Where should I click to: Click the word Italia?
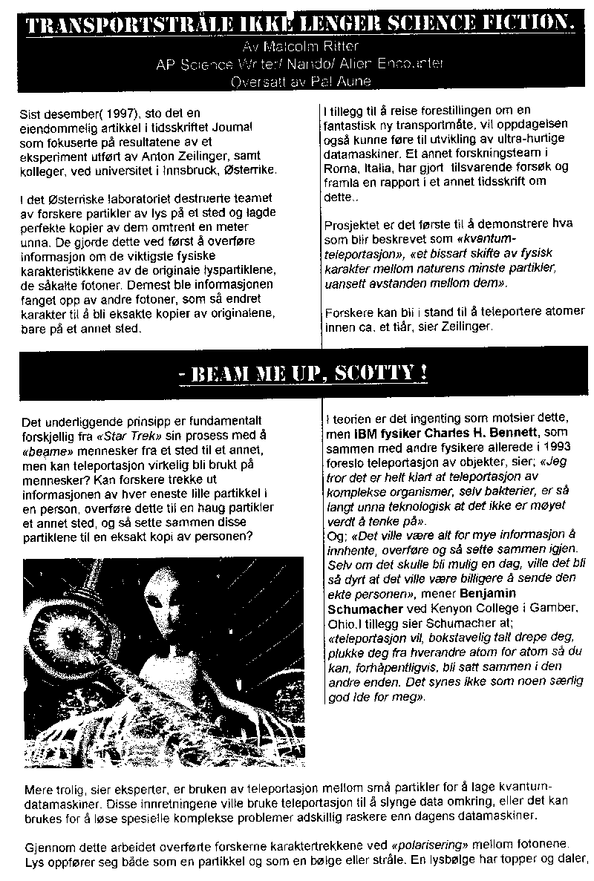(x=377, y=168)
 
